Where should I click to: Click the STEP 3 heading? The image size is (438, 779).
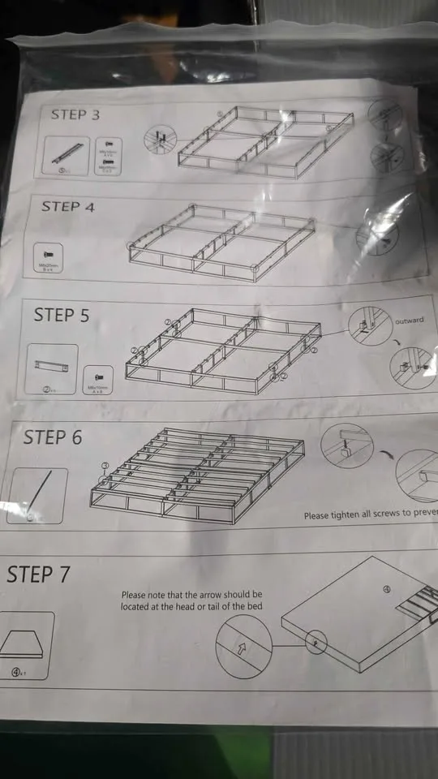[75, 114]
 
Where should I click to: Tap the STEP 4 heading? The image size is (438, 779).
[68, 207]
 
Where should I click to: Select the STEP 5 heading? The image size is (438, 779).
[62, 315]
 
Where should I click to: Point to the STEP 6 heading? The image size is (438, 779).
[53, 437]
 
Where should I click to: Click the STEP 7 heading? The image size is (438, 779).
[38, 575]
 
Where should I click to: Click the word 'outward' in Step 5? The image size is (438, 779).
[409, 321]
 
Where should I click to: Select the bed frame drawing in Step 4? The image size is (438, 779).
[221, 243]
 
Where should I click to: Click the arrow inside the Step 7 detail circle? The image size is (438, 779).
[243, 647]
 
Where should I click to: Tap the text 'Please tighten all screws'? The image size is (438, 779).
[370, 514]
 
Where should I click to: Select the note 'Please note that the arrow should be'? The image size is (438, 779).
[191, 595]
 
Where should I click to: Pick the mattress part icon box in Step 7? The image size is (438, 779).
[26, 645]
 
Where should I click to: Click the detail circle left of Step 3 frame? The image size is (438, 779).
[161, 140]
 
